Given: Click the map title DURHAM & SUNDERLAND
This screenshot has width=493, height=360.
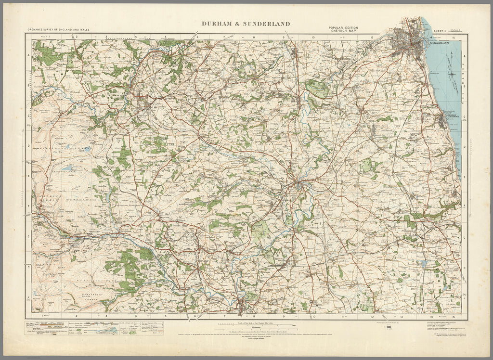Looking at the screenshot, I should click(245, 23).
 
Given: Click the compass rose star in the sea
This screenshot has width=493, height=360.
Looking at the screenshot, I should click(452, 74).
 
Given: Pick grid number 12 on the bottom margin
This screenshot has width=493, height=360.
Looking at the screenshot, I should click(372, 317).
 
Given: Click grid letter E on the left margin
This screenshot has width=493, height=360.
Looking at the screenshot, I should click(28, 176).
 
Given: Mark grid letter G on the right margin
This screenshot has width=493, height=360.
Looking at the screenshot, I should click(464, 237).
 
